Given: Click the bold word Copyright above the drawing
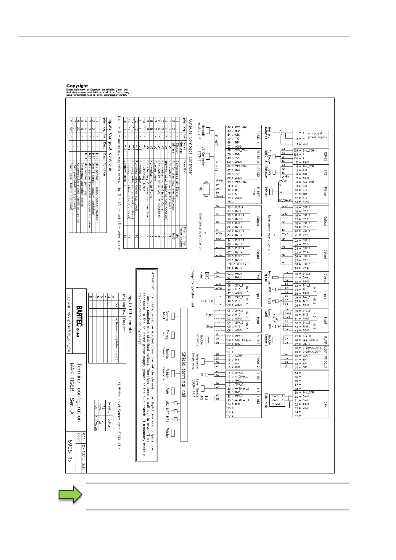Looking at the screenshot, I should tap(77, 86).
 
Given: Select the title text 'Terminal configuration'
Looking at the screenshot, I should tap(79, 392).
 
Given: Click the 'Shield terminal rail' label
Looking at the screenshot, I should tap(184, 374).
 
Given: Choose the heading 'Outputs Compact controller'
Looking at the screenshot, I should tap(191, 147).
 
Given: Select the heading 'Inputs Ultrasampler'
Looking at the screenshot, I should tap(130, 314).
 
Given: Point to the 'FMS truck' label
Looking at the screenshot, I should tap(266, 400).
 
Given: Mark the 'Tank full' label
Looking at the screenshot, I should tap(206, 301).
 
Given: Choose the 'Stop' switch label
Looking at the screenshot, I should tap(209, 327).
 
